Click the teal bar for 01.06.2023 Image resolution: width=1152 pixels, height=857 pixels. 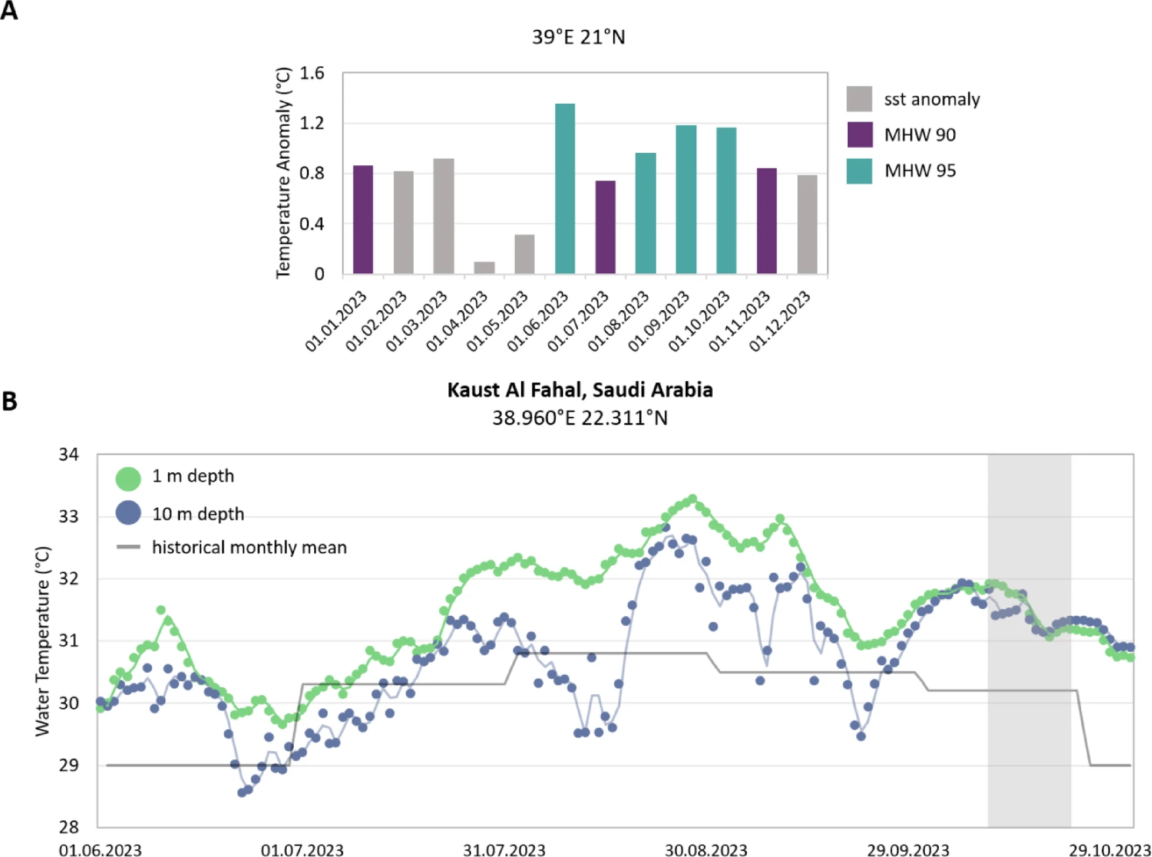pyautogui.click(x=565, y=189)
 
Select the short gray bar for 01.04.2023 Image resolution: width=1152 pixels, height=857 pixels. pyautogui.click(x=484, y=268)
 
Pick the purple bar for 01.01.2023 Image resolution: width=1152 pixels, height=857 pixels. pyautogui.click(x=363, y=220)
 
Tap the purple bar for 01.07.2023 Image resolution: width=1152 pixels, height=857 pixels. pyautogui.click(x=605, y=227)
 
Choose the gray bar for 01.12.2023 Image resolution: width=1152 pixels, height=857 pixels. pyautogui.click(x=807, y=224)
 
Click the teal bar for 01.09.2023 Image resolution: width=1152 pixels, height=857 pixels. pyautogui.click(x=686, y=199)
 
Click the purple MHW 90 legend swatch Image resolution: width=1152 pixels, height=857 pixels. pyautogui.click(x=860, y=134)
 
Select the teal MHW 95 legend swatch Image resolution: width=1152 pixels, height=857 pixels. pyautogui.click(x=860, y=170)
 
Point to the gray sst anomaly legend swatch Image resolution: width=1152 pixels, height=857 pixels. pyautogui.click(x=860, y=99)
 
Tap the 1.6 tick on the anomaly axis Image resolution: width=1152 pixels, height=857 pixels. pyautogui.click(x=312, y=73)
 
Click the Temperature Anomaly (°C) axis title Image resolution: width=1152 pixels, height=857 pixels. pyautogui.click(x=283, y=173)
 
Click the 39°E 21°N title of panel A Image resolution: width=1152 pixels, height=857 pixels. pyautogui.click(x=578, y=37)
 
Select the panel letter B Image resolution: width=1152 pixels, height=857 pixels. pyautogui.click(x=10, y=401)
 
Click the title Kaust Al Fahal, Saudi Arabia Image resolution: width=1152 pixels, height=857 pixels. pyautogui.click(x=580, y=390)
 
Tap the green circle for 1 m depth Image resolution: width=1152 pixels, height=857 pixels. pyautogui.click(x=129, y=478)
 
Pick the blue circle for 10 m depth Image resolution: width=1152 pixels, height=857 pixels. pyautogui.click(x=129, y=513)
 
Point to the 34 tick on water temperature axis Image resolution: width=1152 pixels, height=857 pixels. pyautogui.click(x=68, y=454)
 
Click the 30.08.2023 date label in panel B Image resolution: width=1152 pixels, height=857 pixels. pyautogui.click(x=705, y=850)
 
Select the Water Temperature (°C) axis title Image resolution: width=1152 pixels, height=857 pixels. pyautogui.click(x=42, y=641)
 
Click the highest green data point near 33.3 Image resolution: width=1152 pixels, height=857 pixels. pyautogui.click(x=692, y=499)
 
